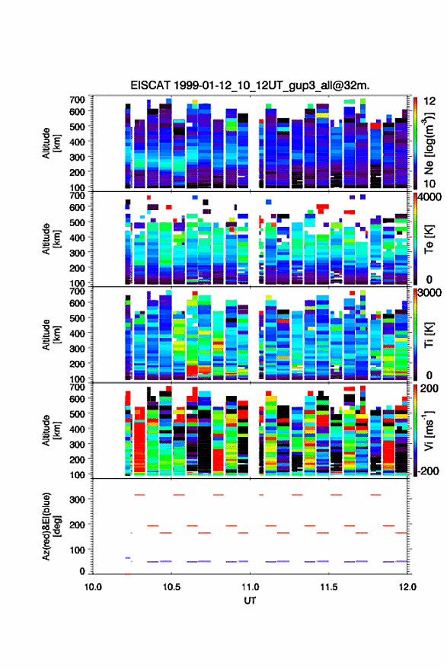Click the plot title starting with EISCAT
tap(250, 85)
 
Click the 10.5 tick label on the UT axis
tap(171, 587)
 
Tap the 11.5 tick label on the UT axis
tap(329, 587)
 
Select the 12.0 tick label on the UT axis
tap(407, 587)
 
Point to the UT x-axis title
tap(250, 601)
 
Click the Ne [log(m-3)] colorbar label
tap(429, 144)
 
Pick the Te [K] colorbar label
tap(429, 239)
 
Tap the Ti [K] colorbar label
tap(429, 334)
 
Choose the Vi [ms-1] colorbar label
tap(429, 431)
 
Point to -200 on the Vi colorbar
tap(427, 471)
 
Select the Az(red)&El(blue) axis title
tap(51, 526)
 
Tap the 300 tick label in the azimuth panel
tap(77, 499)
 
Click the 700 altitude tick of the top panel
tap(77, 100)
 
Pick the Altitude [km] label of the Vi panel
tap(51, 430)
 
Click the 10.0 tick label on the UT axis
tap(93, 587)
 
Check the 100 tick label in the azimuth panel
tap(77, 550)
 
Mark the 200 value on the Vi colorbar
tap(429, 388)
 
